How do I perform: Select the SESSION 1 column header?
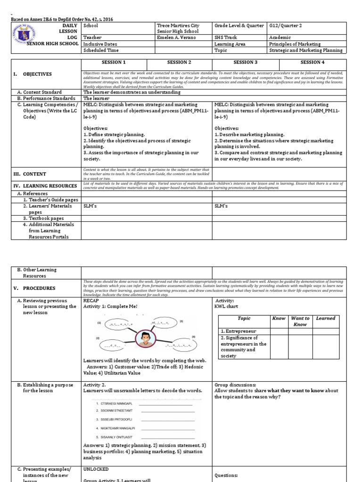[114, 63]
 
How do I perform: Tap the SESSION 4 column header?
[313, 63]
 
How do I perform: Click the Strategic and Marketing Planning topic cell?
[305, 50]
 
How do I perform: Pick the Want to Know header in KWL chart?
[300, 321]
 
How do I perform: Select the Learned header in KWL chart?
[325, 319]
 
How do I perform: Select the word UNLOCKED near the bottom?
[96, 469]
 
